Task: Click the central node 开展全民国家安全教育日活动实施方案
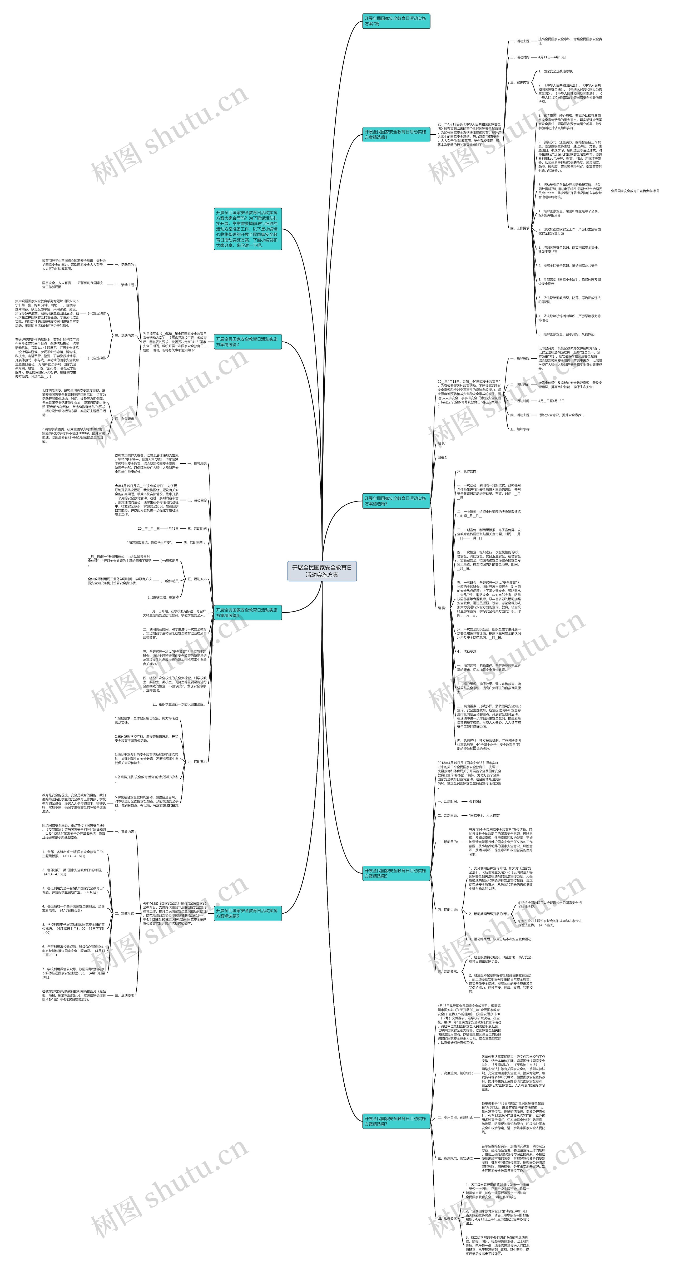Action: (x=322, y=571)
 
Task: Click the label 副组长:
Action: (x=443, y=457)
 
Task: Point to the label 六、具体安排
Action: (x=467, y=472)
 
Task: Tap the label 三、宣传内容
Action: (x=519, y=82)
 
